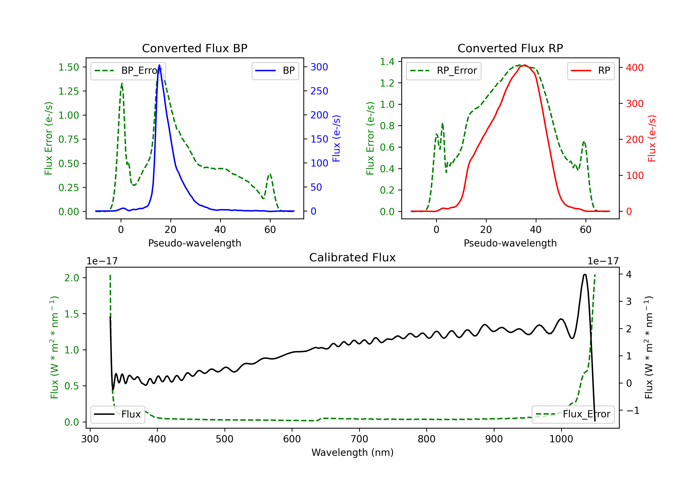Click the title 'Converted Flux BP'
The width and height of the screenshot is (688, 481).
point(194,48)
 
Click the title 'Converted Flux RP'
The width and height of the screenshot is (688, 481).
point(510,48)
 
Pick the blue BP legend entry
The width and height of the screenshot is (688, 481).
point(275,71)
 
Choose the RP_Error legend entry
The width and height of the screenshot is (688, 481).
point(444,71)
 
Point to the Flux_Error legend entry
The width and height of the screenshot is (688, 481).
point(573,414)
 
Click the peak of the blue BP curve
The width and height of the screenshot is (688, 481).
point(159,65)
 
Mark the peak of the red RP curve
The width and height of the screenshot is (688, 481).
point(525,65)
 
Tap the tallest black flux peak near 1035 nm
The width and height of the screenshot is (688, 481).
point(585,274)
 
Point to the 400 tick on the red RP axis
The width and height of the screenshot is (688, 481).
point(635,68)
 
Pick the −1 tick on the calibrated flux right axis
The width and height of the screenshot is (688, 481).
point(633,410)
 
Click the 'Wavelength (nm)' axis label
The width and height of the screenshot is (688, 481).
point(352,452)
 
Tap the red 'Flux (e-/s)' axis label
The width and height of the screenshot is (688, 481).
point(652,139)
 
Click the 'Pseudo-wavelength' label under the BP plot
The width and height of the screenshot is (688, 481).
point(194,243)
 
